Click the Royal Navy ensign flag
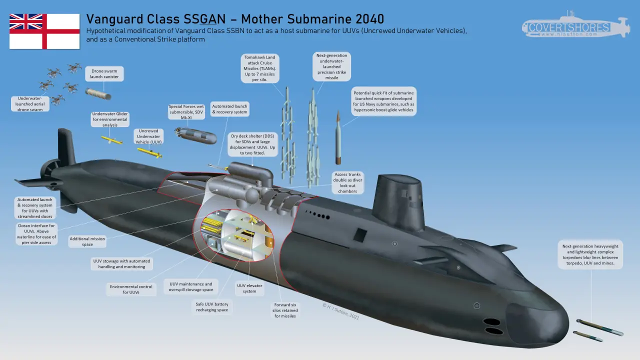[x=44, y=31]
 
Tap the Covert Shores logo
[x=575, y=27]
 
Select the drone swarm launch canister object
[x=98, y=93]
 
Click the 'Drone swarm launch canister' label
[x=104, y=74]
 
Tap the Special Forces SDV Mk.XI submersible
[x=196, y=135]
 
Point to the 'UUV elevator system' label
[x=249, y=288]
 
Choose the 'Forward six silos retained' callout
[x=284, y=310]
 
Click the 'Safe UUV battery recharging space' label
[x=212, y=306]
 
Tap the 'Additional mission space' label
[x=87, y=241]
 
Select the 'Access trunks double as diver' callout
[x=347, y=183]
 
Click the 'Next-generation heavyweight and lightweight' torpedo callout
[x=590, y=254]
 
